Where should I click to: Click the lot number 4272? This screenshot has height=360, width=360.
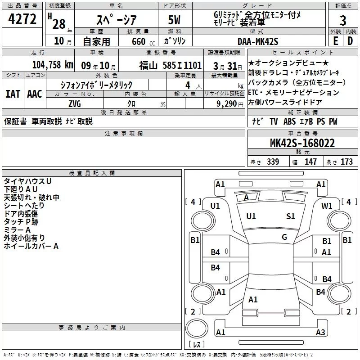coord(22,19)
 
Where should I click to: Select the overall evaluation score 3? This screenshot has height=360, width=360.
coord(343,20)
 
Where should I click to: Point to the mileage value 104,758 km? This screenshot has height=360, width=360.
coord(53,65)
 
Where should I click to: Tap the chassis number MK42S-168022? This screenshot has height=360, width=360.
coord(302,143)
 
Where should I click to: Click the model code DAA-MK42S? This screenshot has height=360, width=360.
coord(258,41)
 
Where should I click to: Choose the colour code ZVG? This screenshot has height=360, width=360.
coord(75,103)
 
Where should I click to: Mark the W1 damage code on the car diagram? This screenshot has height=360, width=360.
coord(327,206)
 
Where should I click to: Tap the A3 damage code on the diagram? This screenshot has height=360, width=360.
coord(320,333)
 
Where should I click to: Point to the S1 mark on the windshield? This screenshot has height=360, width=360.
coord(291,216)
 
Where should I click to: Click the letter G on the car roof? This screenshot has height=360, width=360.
coord(284,237)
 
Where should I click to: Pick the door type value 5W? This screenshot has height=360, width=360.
coord(175,20)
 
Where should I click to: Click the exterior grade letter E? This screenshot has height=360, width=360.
coord(335,41)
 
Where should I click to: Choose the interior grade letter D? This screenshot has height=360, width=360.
coord(351,41)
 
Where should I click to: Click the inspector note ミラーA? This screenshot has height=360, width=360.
coord(17,229)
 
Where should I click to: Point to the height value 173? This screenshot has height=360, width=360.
coord(346,162)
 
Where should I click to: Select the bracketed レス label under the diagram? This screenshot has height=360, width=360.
coord(197,345)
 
